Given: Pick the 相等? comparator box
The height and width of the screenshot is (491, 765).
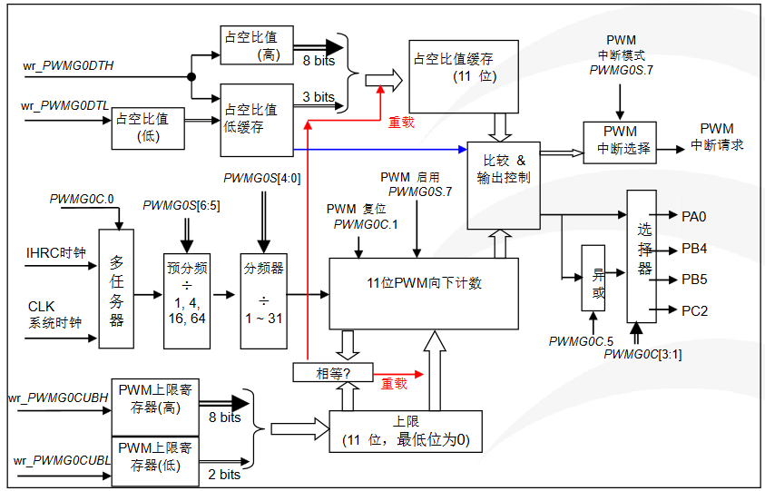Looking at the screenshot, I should [320, 373].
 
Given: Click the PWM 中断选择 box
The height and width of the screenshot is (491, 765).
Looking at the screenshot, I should [622, 141].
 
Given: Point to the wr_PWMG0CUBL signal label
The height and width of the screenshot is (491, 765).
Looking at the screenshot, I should [61, 462].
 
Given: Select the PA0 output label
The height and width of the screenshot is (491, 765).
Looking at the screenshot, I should [694, 216].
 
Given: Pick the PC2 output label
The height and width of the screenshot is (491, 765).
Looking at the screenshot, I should [694, 310].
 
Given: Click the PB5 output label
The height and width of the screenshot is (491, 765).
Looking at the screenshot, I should [694, 279].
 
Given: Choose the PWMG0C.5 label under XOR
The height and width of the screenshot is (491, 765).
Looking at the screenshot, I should [581, 340].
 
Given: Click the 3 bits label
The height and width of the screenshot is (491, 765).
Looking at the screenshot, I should [319, 97].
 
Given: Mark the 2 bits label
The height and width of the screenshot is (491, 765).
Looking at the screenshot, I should [224, 475].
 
